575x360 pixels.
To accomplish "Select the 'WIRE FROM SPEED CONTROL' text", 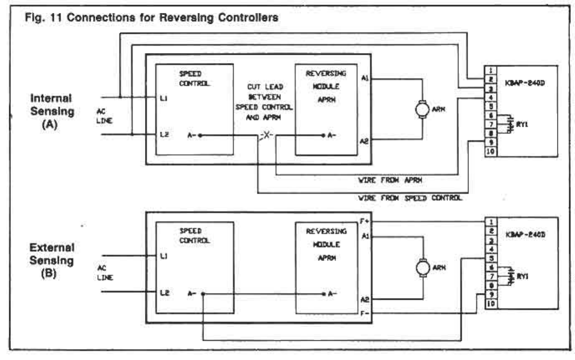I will point(410,198).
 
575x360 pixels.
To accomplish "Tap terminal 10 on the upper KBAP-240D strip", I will point(491,152).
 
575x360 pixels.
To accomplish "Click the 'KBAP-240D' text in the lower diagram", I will point(526,234).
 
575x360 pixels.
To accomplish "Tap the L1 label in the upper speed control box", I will point(164,99).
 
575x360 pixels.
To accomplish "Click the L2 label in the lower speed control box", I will point(164,294).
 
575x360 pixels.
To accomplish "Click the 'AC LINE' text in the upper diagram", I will point(104,116).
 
